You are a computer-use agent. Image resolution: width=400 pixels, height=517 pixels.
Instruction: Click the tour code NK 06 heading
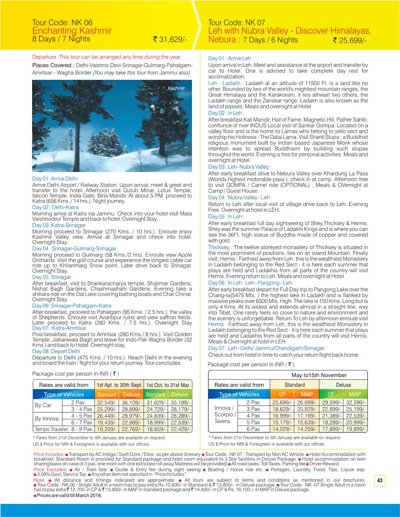(x=62, y=23)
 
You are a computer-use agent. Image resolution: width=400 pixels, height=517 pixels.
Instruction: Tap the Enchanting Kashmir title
(x=72, y=31)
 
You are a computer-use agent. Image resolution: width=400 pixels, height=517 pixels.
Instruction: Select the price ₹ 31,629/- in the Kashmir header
(x=170, y=40)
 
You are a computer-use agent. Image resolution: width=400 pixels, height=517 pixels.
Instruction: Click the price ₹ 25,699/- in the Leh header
(x=350, y=40)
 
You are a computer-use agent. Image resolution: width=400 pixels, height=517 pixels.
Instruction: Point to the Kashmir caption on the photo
(x=176, y=88)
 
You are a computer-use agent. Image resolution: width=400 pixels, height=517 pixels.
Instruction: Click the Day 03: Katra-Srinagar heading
(x=59, y=225)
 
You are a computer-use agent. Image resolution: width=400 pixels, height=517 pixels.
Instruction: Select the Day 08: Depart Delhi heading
(x=56, y=351)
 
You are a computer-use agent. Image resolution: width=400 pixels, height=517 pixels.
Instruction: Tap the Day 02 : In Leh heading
(x=226, y=113)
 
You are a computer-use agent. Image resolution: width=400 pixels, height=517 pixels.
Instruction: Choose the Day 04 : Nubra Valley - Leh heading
(x=240, y=197)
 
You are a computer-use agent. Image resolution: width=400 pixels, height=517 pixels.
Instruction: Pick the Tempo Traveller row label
(x=52, y=429)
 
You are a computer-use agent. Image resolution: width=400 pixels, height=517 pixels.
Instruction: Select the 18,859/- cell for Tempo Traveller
(x=155, y=429)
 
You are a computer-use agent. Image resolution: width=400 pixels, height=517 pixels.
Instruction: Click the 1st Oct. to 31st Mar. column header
(x=168, y=385)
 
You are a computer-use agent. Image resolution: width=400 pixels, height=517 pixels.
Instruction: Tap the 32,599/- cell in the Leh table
(x=355, y=402)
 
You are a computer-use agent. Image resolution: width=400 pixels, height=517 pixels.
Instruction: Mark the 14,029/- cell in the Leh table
(x=282, y=429)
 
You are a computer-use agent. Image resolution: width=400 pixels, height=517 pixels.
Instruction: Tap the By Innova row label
(x=47, y=419)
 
